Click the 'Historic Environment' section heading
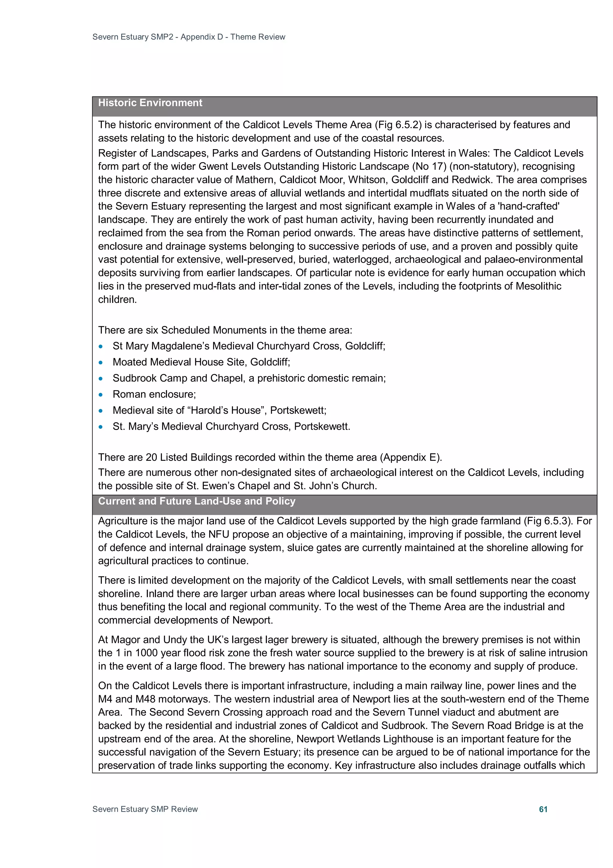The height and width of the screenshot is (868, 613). [x=150, y=103]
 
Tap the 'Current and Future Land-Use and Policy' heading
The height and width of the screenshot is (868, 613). [x=196, y=501]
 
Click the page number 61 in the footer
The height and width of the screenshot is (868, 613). [x=543, y=809]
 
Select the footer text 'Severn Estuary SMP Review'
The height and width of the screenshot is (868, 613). [x=145, y=809]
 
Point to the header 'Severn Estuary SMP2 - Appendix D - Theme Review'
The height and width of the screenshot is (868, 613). [x=189, y=37]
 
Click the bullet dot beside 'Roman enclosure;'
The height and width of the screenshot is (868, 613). [x=101, y=395]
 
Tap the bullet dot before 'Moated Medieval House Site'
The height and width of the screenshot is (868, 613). [x=101, y=363]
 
